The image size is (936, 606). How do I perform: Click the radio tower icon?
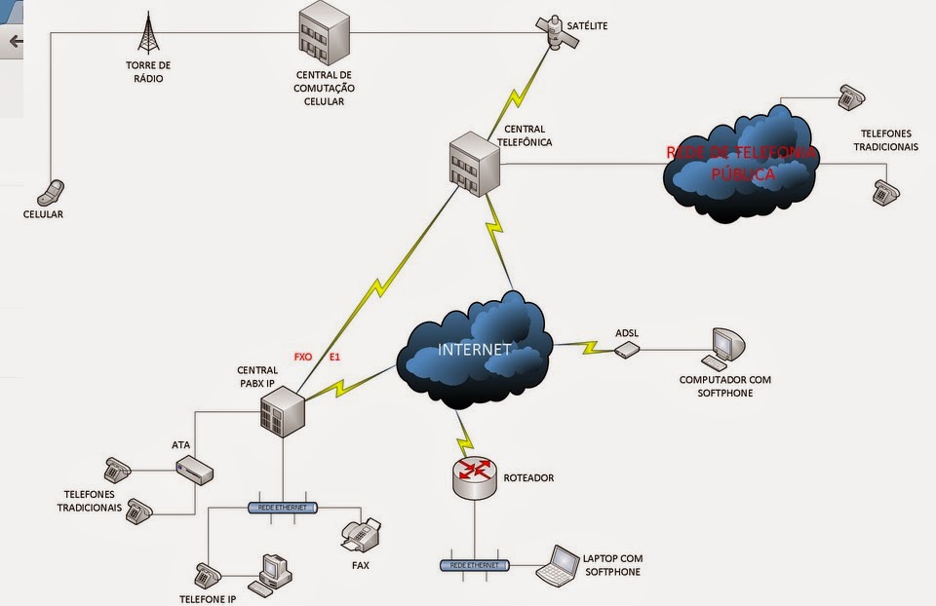point(148,33)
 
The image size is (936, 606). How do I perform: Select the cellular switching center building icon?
point(324,33)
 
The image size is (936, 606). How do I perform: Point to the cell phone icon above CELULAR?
point(55,189)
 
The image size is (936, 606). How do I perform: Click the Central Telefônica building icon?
point(474,163)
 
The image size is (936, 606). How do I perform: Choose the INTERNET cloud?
point(475,352)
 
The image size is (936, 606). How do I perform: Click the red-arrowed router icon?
point(476,473)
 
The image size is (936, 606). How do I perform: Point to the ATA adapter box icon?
point(194,472)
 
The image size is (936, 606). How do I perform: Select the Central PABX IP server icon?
point(284,409)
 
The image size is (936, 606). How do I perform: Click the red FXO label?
point(303,358)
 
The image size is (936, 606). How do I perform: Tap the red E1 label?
point(334,358)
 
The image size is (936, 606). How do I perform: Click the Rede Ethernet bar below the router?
point(475,565)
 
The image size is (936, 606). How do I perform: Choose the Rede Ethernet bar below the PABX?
point(283,508)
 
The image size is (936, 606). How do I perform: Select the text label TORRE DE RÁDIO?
point(148,72)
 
